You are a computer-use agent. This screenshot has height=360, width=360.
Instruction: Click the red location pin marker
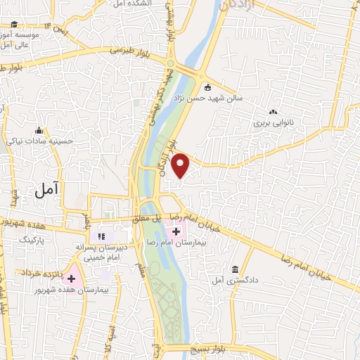[181, 165]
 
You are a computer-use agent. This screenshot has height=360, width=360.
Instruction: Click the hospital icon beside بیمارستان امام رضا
[176, 231]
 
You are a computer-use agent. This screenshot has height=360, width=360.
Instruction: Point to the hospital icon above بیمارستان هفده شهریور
[71, 279]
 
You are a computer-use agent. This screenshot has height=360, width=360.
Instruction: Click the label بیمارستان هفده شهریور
[71, 290]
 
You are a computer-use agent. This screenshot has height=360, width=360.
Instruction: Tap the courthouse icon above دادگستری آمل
[236, 270]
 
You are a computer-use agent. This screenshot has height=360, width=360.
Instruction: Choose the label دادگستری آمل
[237, 280]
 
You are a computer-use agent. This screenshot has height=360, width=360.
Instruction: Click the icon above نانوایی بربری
[273, 111]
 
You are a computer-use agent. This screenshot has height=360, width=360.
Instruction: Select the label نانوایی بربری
[271, 122]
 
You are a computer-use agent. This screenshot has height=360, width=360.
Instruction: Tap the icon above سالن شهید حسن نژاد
[207, 88]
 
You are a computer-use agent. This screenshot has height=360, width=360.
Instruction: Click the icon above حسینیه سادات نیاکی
[39, 131]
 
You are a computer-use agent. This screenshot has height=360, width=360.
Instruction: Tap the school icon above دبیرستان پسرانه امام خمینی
[101, 236]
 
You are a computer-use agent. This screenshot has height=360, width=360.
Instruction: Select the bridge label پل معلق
[149, 219]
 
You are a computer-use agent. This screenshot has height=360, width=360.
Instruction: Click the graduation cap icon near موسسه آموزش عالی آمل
[14, 24]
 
